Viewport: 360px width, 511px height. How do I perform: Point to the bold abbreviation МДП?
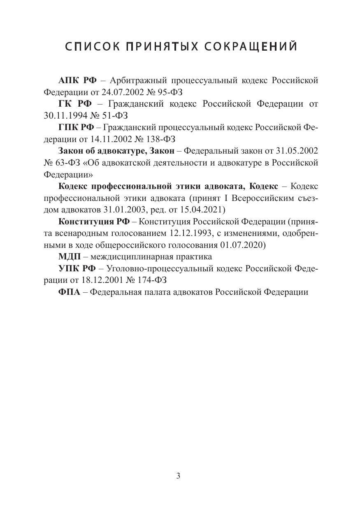70,257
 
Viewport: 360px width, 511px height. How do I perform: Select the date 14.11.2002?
108,139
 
